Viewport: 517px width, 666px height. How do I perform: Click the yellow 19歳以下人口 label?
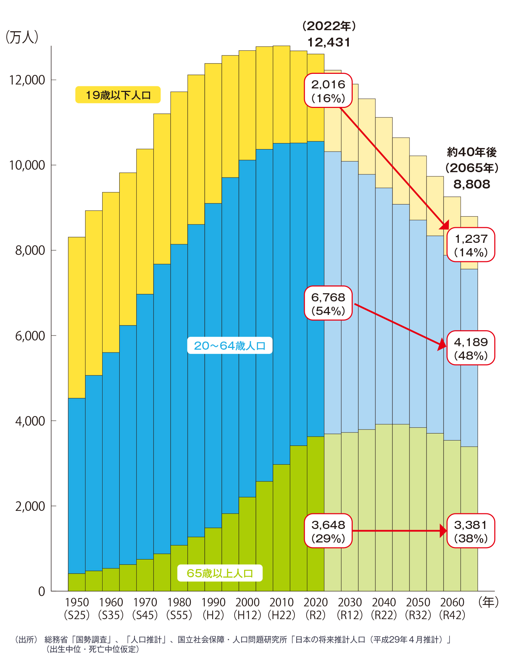(x=118, y=95)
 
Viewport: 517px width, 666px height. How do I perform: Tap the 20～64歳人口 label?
(x=230, y=345)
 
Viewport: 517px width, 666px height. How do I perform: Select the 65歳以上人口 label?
(x=220, y=573)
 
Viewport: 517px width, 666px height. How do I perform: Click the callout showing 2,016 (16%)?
(x=328, y=91)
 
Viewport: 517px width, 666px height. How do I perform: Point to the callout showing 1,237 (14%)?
(x=471, y=245)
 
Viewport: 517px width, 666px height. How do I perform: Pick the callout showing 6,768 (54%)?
(x=328, y=304)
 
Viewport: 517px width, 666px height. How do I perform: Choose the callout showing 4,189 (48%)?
(x=471, y=348)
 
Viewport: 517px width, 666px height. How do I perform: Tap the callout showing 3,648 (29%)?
(x=328, y=531)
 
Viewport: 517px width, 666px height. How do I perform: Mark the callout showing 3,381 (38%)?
(x=471, y=531)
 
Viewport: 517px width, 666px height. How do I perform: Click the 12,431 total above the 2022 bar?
(x=329, y=42)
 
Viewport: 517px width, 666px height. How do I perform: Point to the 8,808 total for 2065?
(x=472, y=184)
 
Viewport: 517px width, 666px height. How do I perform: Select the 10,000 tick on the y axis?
(x=27, y=165)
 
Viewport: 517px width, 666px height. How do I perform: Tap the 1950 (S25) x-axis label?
(x=77, y=608)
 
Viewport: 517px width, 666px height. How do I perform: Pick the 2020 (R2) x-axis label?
(x=315, y=608)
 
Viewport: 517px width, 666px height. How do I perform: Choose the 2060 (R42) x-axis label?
(x=452, y=608)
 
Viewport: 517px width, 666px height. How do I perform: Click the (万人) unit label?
(x=22, y=37)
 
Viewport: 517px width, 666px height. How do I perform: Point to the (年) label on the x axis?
(x=489, y=602)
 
